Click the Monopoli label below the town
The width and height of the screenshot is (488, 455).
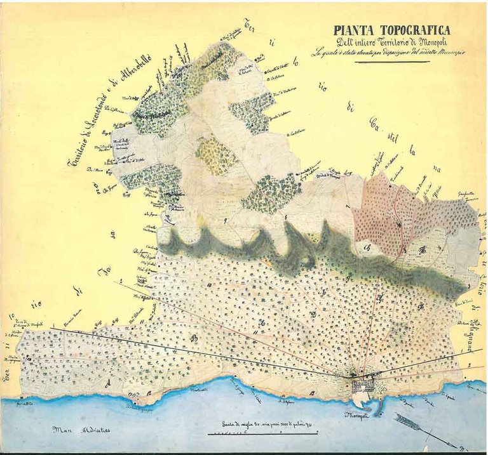pos(357,416)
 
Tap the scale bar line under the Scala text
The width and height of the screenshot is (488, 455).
pos(254,434)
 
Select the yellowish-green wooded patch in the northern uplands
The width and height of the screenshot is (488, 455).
pos(216,155)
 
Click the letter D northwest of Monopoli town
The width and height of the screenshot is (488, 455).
pos(314,313)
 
